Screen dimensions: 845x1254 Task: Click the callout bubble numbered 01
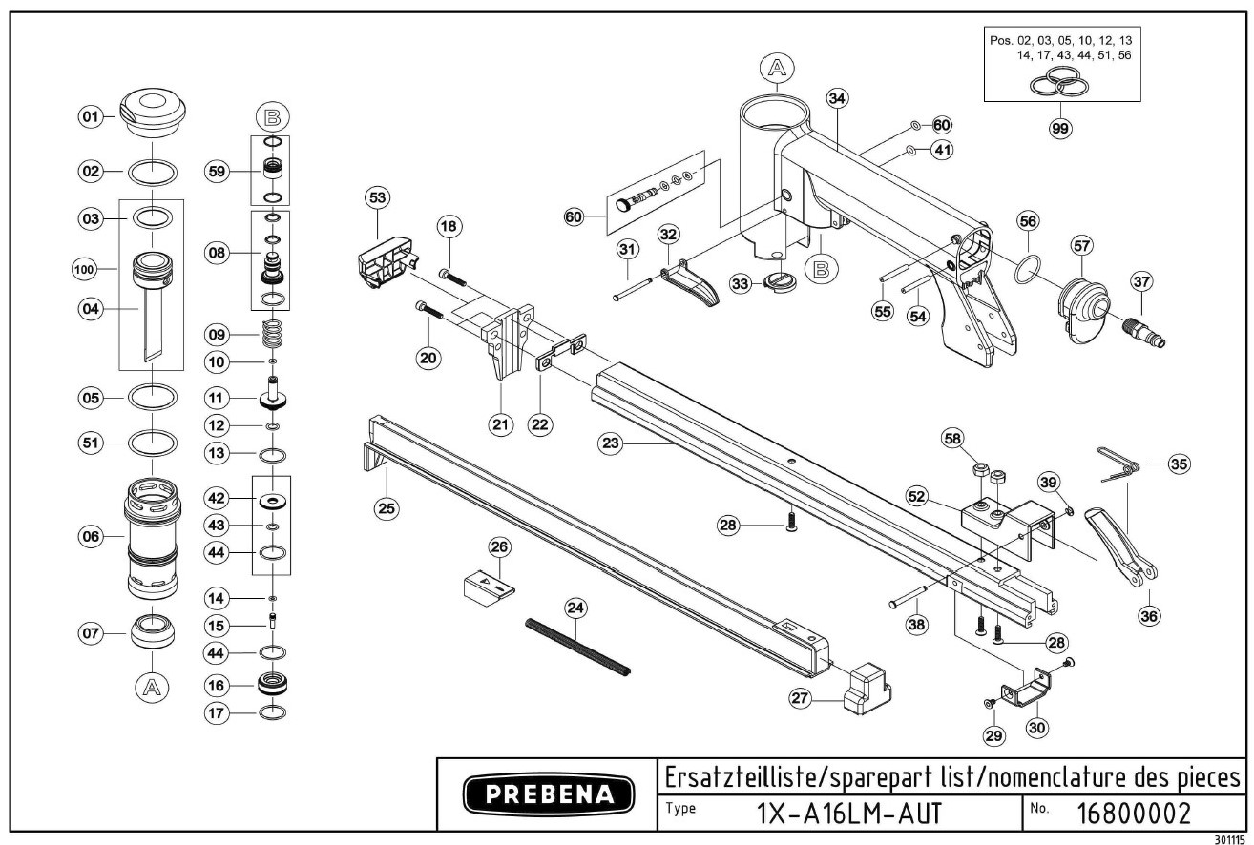91,117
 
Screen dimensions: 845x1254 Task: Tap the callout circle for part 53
378,197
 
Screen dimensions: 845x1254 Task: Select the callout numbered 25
386,507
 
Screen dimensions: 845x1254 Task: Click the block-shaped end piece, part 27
866,689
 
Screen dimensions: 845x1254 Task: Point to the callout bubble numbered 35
1180,465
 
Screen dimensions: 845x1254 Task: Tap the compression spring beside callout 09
273,336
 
